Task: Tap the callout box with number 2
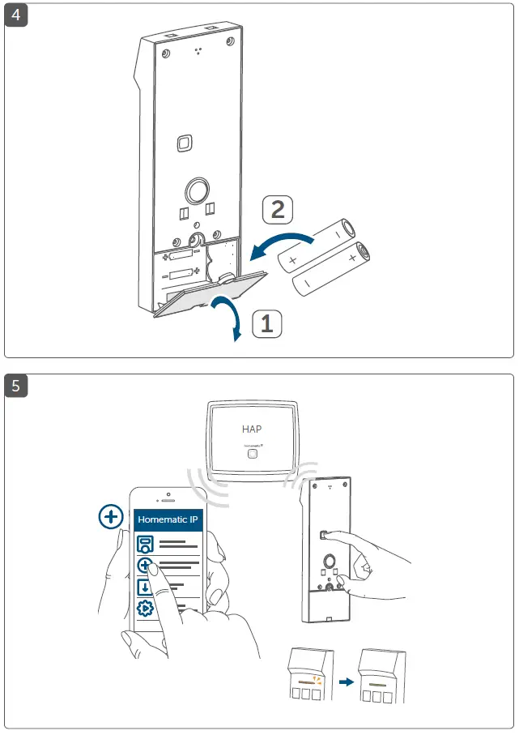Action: (277, 211)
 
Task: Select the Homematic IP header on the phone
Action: (168, 519)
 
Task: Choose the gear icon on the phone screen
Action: (146, 609)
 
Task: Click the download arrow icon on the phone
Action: (145, 588)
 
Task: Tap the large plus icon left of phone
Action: (110, 516)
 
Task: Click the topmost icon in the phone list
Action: (145, 544)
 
